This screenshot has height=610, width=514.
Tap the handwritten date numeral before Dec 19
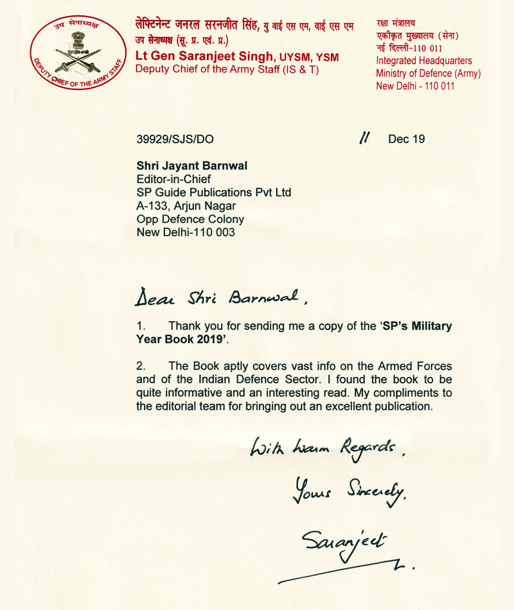364,138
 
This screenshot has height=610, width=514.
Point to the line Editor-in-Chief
173,180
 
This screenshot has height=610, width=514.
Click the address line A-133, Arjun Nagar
186,206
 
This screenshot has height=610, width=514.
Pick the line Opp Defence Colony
190,219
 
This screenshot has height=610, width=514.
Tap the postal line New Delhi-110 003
186,232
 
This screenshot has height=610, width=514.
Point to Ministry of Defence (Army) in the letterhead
428,73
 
